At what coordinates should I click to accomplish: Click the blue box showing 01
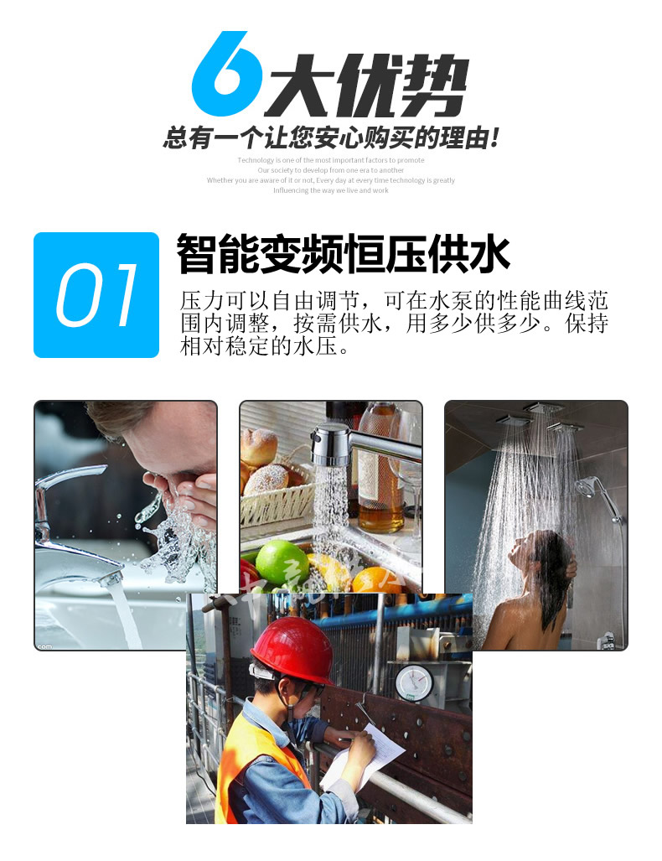[x=96, y=295]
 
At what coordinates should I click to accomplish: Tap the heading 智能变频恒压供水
[x=344, y=254]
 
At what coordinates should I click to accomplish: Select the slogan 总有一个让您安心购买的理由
[x=331, y=137]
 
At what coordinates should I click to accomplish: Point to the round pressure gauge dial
[x=413, y=681]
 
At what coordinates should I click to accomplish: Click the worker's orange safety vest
[x=251, y=763]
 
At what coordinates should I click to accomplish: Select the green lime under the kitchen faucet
[x=282, y=563]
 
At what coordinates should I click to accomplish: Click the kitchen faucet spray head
[x=329, y=443]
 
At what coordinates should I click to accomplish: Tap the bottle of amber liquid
[x=377, y=469]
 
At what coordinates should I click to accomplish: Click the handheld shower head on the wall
[x=587, y=487]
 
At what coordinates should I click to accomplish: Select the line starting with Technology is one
[x=331, y=160]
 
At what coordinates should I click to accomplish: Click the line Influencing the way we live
[x=331, y=190]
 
